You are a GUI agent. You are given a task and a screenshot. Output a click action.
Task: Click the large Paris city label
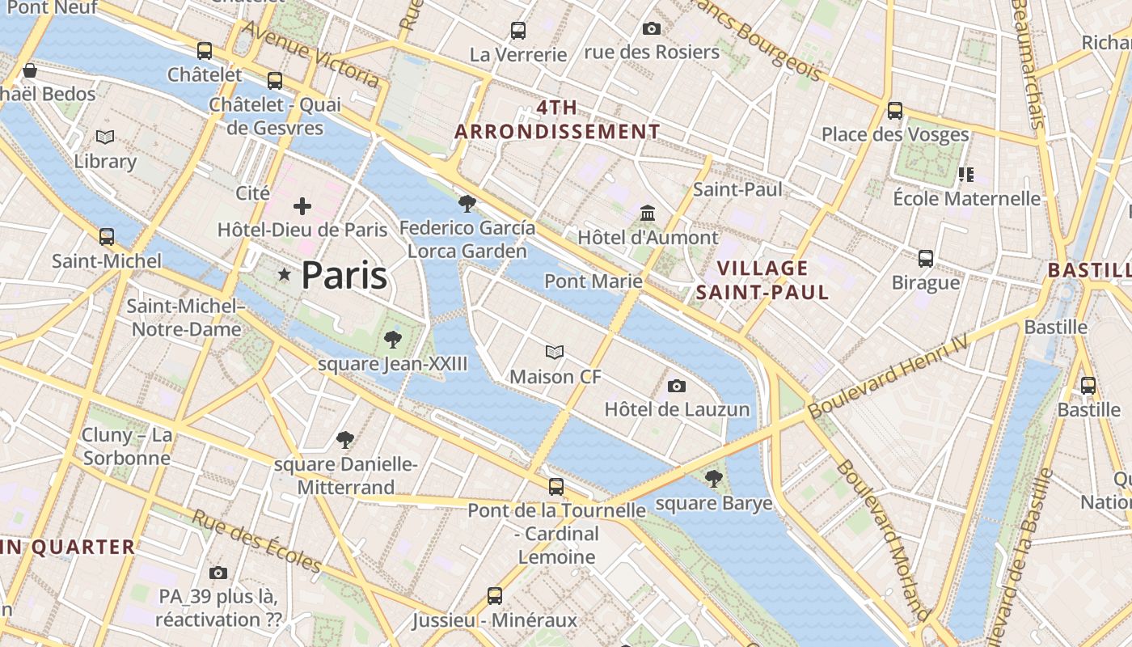pyautogui.click(x=344, y=276)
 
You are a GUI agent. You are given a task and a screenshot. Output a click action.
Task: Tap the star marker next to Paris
pyautogui.click(x=284, y=275)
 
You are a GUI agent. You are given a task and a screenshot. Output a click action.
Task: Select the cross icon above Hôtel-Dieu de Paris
pyautogui.click(x=302, y=206)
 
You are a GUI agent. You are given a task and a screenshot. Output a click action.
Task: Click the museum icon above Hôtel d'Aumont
pyautogui.click(x=648, y=214)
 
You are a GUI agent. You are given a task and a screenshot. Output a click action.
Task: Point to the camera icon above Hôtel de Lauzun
pyautogui.click(x=677, y=387)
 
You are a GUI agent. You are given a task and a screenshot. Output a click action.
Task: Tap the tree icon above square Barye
pyautogui.click(x=713, y=480)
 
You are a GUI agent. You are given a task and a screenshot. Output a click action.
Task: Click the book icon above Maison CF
pyautogui.click(x=555, y=353)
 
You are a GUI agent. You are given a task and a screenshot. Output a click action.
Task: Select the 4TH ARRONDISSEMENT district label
pyautogui.click(x=557, y=120)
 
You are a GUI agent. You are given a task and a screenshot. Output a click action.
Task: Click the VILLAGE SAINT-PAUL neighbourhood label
pyautogui.click(x=762, y=280)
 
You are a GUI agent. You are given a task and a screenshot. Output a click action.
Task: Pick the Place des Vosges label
pyautogui.click(x=895, y=134)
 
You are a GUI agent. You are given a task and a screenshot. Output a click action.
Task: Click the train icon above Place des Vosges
pyautogui.click(x=895, y=111)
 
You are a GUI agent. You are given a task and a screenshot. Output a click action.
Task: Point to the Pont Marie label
pyautogui.click(x=593, y=281)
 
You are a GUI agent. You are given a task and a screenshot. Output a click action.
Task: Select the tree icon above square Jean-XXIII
pyautogui.click(x=393, y=340)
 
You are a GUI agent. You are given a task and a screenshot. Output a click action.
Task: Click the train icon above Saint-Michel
pyautogui.click(x=107, y=237)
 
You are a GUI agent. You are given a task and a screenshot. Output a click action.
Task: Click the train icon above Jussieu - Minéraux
pyautogui.click(x=495, y=597)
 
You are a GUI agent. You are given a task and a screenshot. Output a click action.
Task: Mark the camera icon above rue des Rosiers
pyautogui.click(x=651, y=29)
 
